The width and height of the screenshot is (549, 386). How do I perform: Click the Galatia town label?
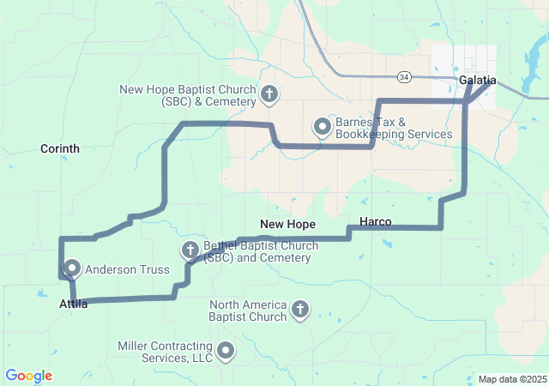pyautogui.click(x=478, y=80)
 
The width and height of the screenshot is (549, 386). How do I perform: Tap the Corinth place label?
pyautogui.click(x=60, y=148)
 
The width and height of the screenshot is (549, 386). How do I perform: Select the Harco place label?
pyautogui.click(x=376, y=222)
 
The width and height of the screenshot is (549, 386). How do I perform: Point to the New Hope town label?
pyautogui.click(x=288, y=224)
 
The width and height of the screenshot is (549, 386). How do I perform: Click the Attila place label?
pyautogui.click(x=74, y=305)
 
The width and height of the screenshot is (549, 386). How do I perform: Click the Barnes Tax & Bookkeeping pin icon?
pyautogui.click(x=323, y=127)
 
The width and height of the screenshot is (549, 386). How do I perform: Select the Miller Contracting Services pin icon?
pyautogui.click(x=226, y=350)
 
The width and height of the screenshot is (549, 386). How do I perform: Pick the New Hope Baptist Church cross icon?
pyautogui.click(x=268, y=93)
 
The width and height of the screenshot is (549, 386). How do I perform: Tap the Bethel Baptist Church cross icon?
pyautogui.click(x=190, y=250)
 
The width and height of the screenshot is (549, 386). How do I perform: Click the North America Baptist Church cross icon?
pyautogui.click(x=300, y=309)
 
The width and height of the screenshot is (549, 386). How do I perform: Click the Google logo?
pyautogui.click(x=28, y=376)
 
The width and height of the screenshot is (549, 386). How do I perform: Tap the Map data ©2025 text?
pyautogui.click(x=511, y=379)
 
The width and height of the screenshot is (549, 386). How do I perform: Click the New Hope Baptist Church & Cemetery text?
pyautogui.click(x=188, y=95)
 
